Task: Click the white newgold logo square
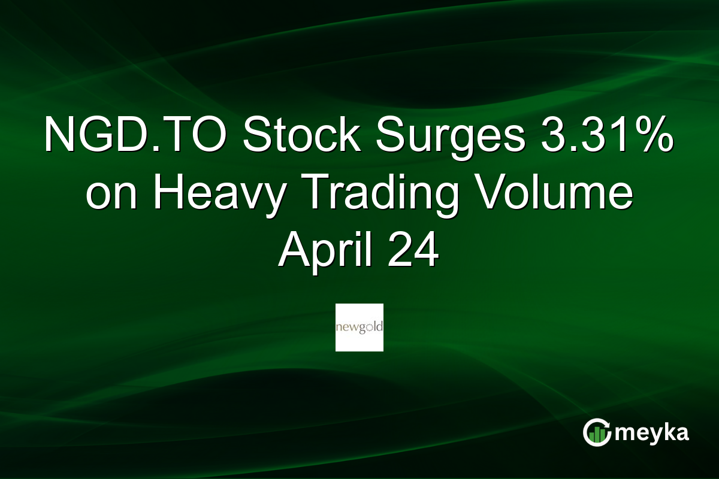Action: click(x=359, y=327)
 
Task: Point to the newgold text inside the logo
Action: click(x=359, y=328)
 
